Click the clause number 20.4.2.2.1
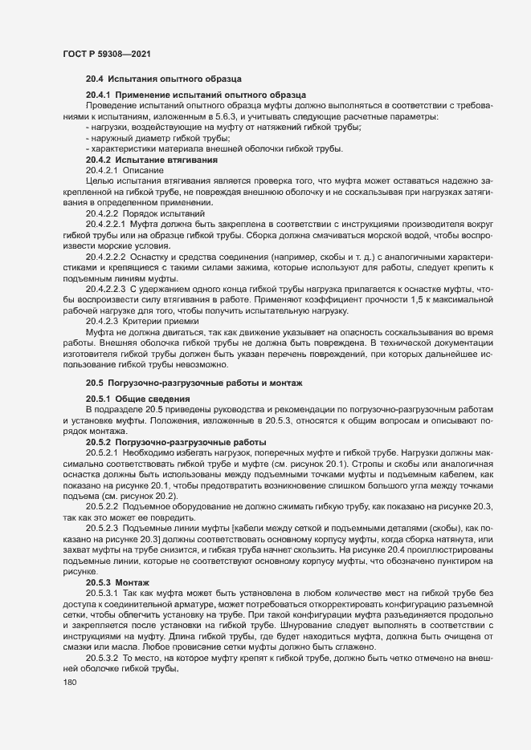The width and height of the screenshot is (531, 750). point(107,224)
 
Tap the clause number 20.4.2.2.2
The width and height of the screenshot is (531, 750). point(107,256)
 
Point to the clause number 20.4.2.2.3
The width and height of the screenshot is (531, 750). point(107,288)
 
